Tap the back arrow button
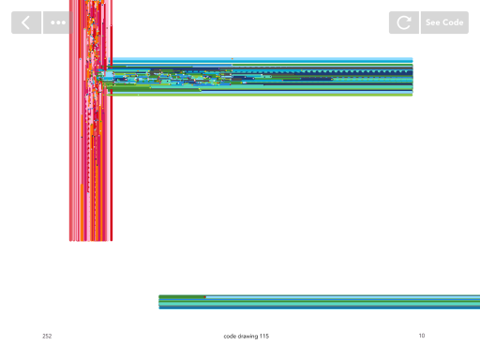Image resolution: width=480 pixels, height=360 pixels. coord(26,22)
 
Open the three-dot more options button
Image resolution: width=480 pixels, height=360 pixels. coord(58,22)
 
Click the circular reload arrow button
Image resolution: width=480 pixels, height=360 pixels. coord(404,22)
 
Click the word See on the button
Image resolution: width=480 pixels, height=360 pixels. coord(433,22)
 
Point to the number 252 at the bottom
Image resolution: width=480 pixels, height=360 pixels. coord(47,336)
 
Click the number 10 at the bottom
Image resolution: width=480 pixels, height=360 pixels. coord(422,336)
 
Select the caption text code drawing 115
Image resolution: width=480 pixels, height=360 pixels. coord(247,337)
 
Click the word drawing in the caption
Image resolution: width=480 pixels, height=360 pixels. coord(247,337)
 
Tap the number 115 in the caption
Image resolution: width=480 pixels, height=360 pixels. coord(264,336)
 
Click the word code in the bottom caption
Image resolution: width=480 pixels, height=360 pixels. coord(230,337)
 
